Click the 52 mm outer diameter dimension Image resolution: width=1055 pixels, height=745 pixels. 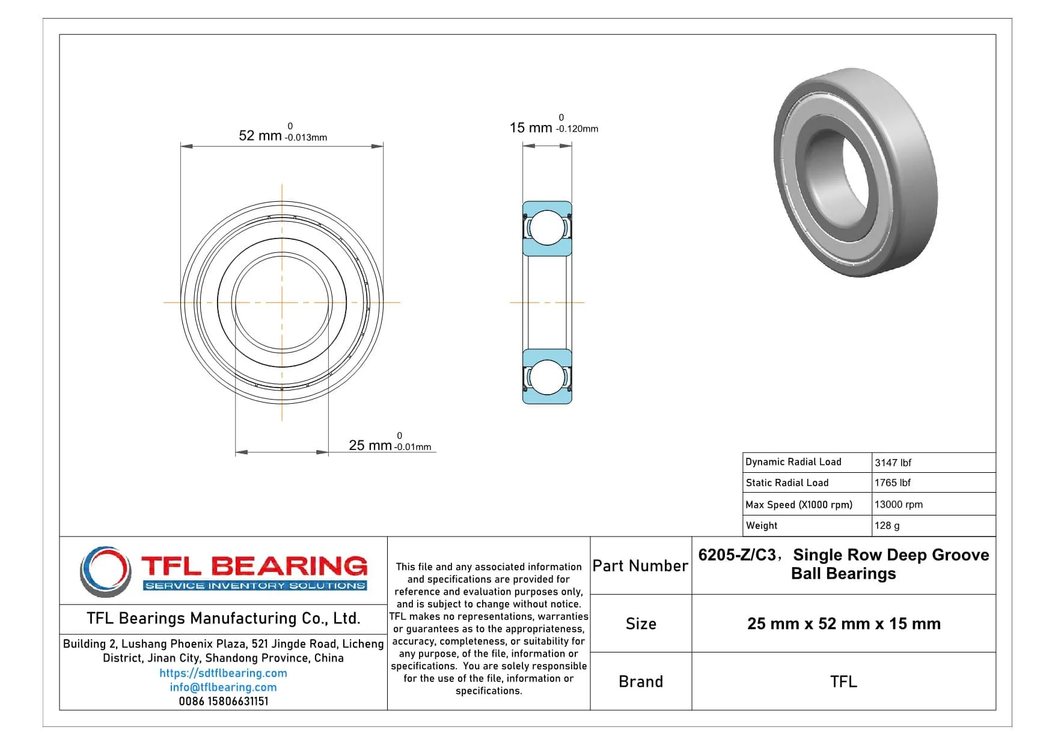tap(260, 135)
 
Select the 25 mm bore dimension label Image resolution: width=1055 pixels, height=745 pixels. tap(370, 445)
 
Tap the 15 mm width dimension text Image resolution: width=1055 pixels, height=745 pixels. tap(531, 127)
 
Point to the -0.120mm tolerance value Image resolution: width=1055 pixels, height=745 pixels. tap(577, 129)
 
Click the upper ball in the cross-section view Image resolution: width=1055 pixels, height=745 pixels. tap(547, 228)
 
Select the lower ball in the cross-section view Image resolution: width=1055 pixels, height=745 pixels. tap(547, 377)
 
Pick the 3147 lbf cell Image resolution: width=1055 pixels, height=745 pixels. tap(893, 463)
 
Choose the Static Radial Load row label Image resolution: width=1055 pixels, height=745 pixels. tap(787, 482)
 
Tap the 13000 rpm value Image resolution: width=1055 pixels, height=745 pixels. tap(898, 505)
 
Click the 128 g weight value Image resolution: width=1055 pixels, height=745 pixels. tap(887, 526)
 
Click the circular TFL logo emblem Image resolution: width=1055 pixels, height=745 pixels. tap(106, 571)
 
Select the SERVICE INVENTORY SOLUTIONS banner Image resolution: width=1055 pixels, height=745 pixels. tap(255, 586)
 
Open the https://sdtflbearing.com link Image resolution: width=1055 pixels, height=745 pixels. tap(223, 673)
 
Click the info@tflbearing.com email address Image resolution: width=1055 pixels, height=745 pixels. tap(223, 687)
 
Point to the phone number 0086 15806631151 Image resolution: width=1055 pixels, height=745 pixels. tap(223, 701)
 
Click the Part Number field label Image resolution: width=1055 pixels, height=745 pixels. tap(640, 566)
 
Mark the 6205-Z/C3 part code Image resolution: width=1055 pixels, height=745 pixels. tap(737, 555)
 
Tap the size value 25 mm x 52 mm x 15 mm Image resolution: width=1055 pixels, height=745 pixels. tap(843, 624)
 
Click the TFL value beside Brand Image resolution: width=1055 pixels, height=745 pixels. tap(843, 681)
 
